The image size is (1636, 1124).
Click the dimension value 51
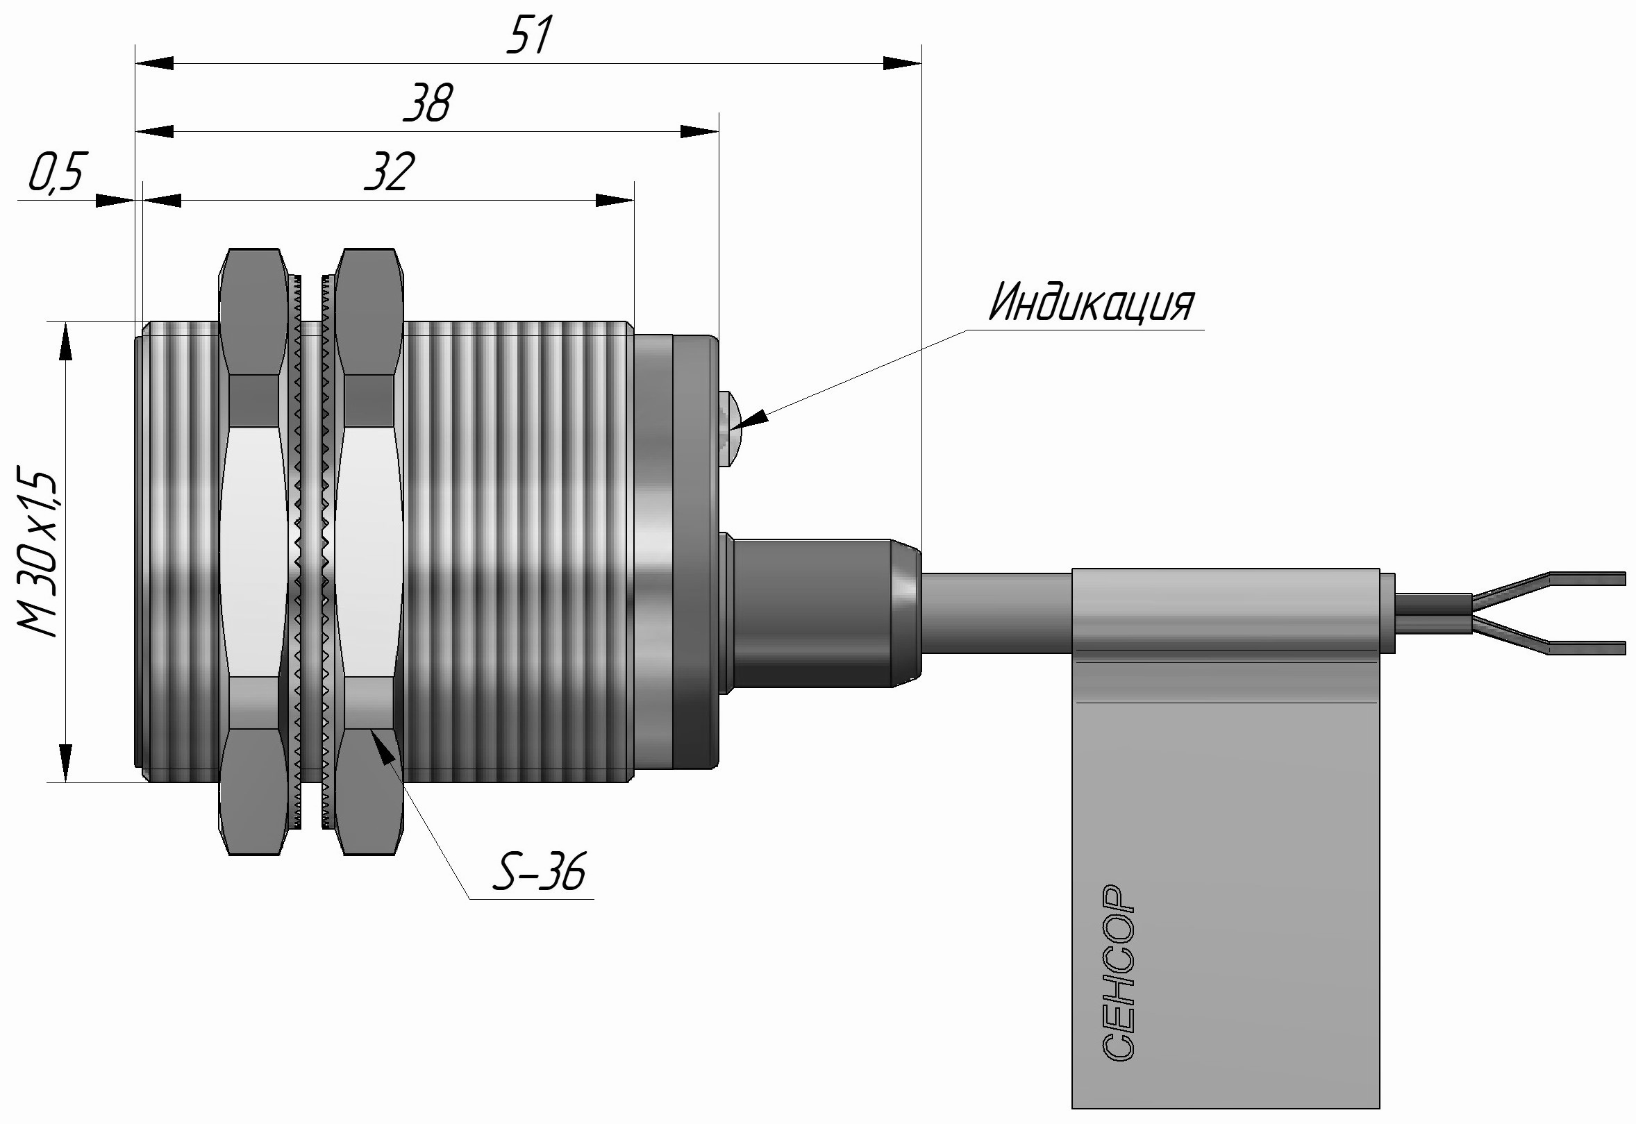tap(528, 35)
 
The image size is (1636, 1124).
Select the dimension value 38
tap(428, 103)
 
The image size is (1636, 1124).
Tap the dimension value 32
tap(390, 172)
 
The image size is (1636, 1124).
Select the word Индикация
tap(1091, 303)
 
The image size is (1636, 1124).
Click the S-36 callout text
tap(540, 873)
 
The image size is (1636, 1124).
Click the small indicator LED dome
tap(730, 430)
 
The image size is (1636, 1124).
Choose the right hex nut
tap(368, 551)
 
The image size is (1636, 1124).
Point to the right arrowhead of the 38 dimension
tap(700, 132)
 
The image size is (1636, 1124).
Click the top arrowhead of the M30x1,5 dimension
tap(65, 342)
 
